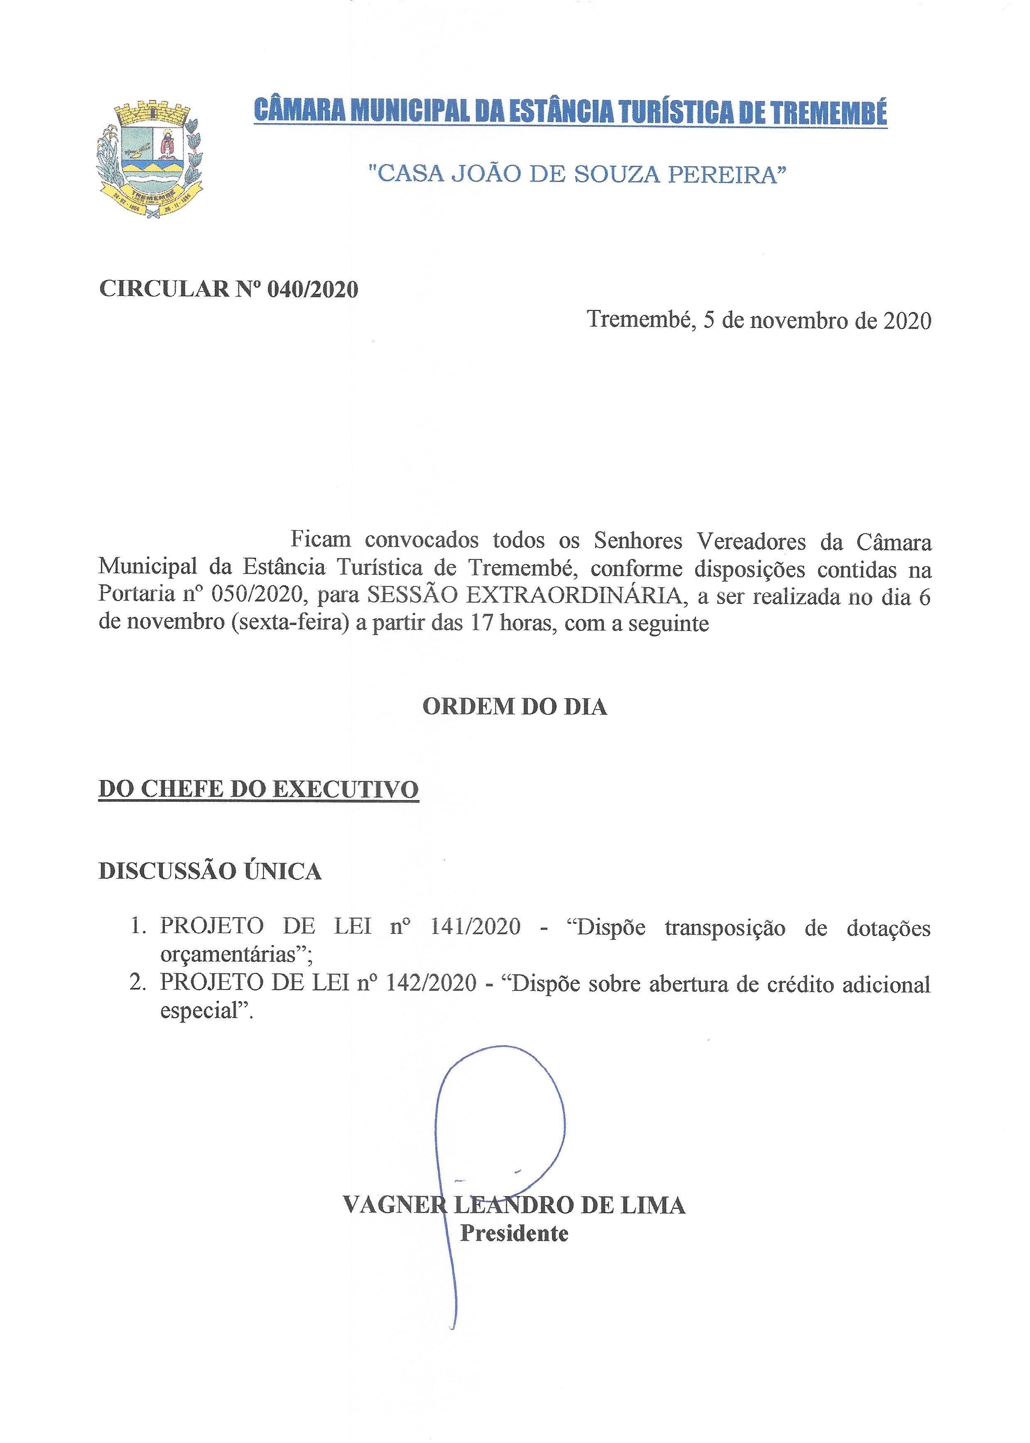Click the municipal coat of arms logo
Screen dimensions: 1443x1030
click(x=149, y=160)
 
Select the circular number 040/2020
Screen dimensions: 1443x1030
click(x=313, y=289)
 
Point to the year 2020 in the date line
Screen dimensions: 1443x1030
click(x=907, y=320)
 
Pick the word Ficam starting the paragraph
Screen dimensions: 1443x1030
click(x=320, y=540)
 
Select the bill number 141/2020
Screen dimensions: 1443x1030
click(x=475, y=927)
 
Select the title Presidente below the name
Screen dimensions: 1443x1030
click(x=514, y=1233)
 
